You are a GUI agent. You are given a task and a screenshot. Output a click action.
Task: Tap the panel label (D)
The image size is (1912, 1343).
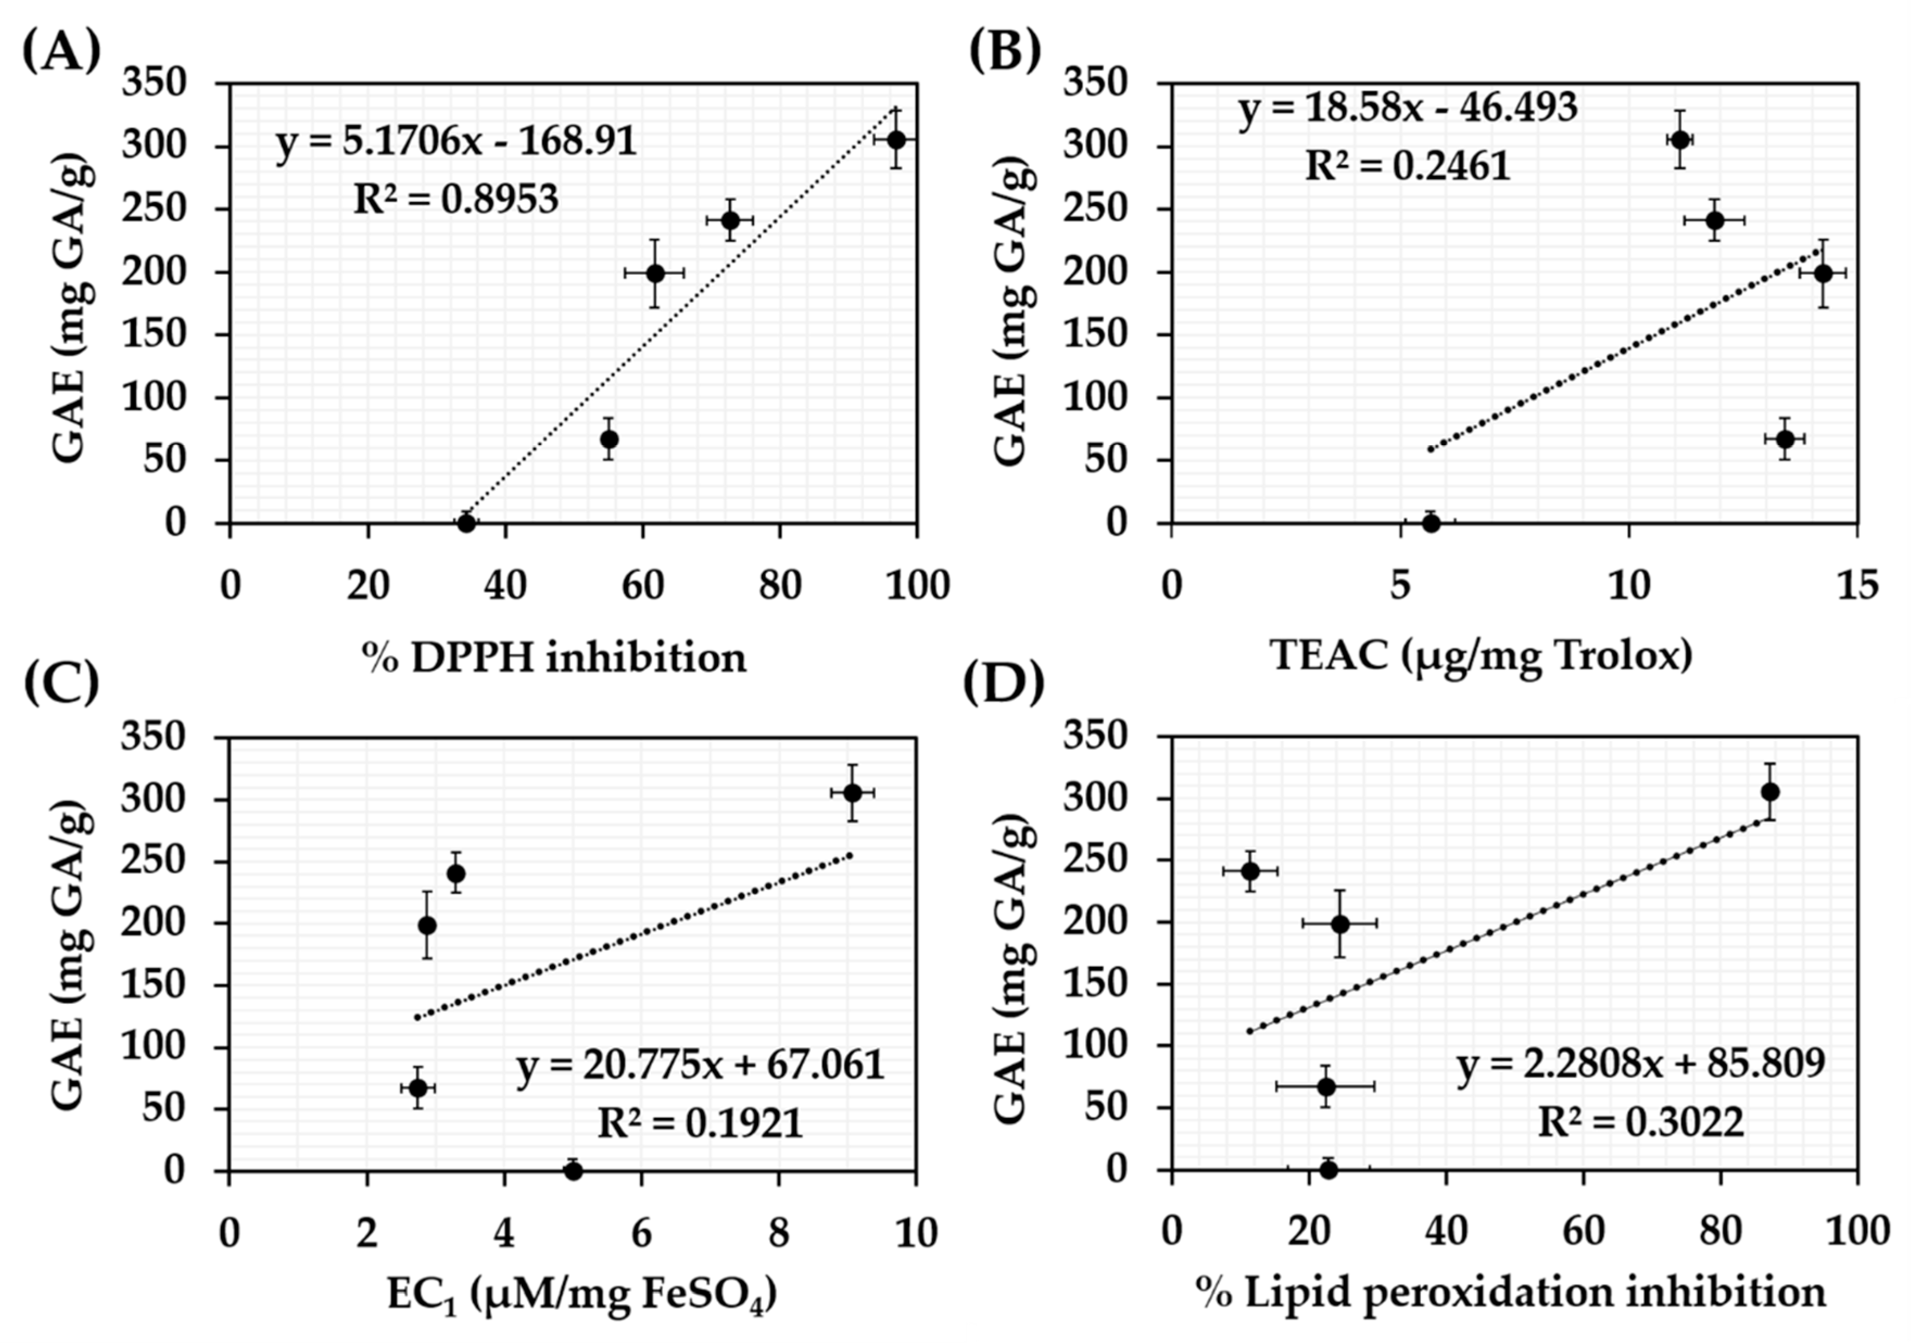(1003, 684)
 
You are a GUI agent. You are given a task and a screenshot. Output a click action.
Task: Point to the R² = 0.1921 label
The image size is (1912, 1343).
(700, 1124)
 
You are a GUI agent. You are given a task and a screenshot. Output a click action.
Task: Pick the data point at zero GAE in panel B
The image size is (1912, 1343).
(1430, 523)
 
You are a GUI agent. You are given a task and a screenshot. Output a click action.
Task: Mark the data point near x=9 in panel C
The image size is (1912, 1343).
(852, 793)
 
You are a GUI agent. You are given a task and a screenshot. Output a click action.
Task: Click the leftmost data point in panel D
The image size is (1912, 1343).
(1250, 871)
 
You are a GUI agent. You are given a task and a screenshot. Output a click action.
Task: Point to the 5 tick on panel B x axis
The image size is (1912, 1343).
(1400, 586)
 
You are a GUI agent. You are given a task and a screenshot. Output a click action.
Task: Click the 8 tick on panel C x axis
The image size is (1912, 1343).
(778, 1233)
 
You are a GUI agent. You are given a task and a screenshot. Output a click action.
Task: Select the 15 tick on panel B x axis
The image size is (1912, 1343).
(1857, 586)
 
